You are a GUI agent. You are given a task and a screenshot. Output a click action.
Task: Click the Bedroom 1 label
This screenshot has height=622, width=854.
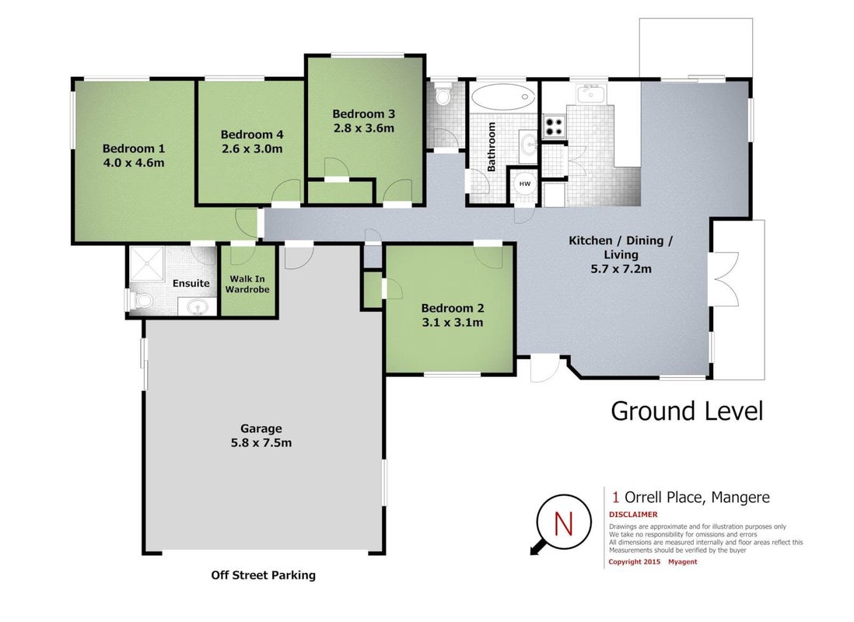(134, 149)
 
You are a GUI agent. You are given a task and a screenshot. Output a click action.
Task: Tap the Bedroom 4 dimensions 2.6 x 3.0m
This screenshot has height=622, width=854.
(252, 149)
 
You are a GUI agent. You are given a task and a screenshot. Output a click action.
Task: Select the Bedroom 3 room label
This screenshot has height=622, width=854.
(363, 114)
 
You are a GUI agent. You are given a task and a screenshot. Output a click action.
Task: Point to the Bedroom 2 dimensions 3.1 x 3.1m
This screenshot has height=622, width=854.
(452, 323)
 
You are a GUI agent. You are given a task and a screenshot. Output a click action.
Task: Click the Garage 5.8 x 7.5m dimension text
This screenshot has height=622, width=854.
(261, 443)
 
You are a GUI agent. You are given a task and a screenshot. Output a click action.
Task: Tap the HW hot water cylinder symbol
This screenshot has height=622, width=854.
(524, 184)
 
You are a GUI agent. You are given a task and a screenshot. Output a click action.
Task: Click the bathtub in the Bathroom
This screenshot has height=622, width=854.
(502, 98)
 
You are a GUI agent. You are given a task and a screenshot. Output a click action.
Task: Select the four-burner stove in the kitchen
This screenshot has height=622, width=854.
(555, 127)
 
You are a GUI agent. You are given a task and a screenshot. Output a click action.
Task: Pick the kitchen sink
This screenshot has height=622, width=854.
(590, 94)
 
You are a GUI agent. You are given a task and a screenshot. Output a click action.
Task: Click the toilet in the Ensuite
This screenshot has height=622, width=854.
(142, 300)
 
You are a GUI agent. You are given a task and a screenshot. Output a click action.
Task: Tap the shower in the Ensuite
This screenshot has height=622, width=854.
(145, 264)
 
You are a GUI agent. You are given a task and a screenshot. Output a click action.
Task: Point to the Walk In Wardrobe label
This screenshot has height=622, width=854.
(247, 285)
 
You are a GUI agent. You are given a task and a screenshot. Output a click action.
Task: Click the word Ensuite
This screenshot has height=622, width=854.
(191, 283)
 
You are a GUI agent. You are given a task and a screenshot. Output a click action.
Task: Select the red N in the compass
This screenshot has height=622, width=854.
(563, 523)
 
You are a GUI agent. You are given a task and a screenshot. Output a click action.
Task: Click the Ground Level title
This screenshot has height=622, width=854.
(687, 411)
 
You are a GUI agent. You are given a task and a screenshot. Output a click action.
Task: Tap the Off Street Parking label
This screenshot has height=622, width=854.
(263, 575)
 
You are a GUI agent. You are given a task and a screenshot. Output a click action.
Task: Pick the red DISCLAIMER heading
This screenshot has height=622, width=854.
(633, 514)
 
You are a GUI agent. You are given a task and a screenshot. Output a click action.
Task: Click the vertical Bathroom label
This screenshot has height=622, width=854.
(492, 146)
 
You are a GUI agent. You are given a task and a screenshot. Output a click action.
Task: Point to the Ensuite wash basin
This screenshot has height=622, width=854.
(198, 306)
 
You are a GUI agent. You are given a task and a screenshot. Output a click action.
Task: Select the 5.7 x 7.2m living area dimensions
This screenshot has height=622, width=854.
(621, 268)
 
